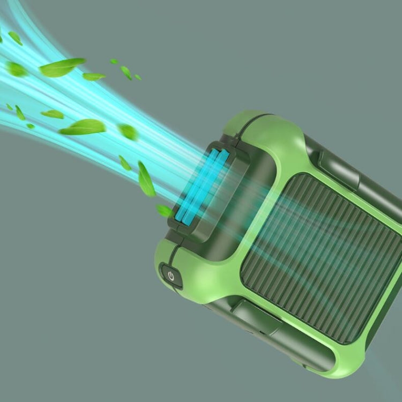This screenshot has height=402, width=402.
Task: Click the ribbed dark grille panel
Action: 322,257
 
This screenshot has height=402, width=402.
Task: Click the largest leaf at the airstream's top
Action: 62,67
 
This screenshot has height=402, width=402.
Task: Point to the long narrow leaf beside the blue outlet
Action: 146,180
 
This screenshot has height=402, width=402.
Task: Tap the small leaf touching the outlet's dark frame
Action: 164,211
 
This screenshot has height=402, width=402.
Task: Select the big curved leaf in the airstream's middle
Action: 83,127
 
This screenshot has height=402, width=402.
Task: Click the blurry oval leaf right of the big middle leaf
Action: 128,132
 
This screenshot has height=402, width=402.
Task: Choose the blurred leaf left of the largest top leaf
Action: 16,69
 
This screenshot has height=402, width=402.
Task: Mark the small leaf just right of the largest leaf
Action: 94,77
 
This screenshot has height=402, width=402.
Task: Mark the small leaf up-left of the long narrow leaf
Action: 124,162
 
